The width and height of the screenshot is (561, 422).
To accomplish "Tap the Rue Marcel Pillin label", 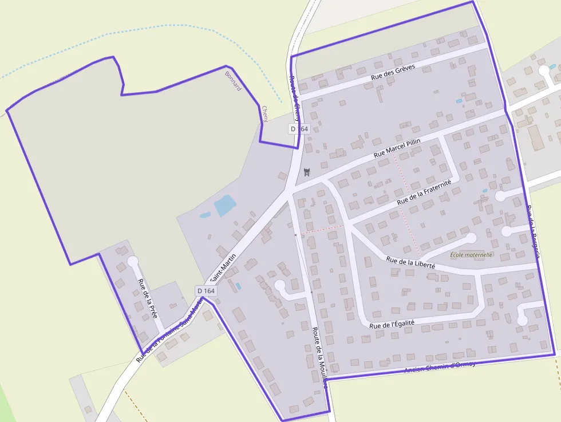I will pos(397,148).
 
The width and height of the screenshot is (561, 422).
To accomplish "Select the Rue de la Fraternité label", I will pos(424,192).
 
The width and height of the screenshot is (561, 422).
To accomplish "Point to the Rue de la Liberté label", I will pos(410,263).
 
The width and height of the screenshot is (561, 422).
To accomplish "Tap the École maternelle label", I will pos(471,255).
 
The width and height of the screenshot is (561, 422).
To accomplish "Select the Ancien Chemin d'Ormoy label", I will pos(440,367).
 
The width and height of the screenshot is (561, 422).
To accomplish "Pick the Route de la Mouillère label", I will pos(319,357).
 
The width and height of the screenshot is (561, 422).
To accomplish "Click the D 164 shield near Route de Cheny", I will pos(299,129).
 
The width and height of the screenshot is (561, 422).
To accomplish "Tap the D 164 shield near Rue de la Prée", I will pos(206,291).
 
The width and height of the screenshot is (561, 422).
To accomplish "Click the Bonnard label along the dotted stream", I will pos(234,81).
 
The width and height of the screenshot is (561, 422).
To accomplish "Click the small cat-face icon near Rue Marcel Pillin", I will pos(307,172).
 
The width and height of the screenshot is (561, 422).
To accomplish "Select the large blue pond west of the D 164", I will pos(224,205).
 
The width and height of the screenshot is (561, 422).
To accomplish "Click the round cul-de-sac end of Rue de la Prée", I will pos(133,261).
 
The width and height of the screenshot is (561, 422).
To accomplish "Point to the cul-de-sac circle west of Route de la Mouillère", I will pos(280,285).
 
